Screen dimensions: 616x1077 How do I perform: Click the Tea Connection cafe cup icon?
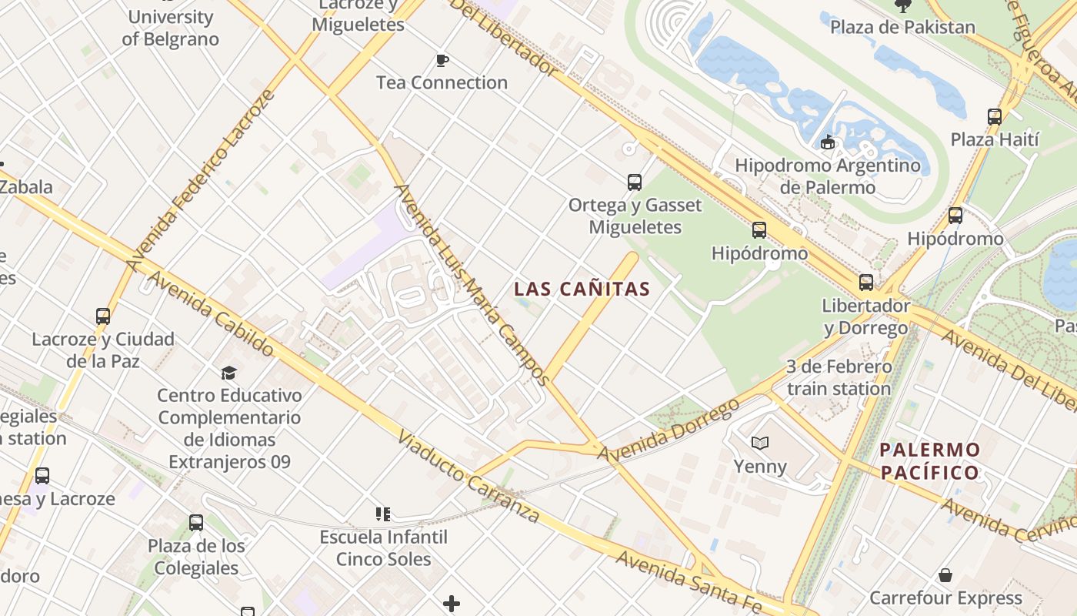pyautogui.click(x=442, y=60)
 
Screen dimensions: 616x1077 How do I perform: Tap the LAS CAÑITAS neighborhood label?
pyautogui.click(x=582, y=290)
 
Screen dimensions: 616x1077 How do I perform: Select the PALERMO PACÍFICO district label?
pyautogui.click(x=930, y=460)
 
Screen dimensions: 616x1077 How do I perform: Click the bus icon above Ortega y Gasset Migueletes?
pyautogui.click(x=635, y=182)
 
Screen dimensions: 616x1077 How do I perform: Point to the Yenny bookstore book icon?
pyautogui.click(x=760, y=444)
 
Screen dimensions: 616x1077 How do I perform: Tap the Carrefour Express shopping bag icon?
pyautogui.click(x=945, y=575)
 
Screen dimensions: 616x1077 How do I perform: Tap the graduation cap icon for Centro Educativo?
pyautogui.click(x=228, y=373)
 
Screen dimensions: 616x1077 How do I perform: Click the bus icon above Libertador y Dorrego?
pyautogui.click(x=866, y=283)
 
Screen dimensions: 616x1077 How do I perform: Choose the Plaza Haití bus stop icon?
pyautogui.click(x=995, y=117)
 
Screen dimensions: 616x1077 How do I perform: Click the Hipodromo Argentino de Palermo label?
pyautogui.click(x=828, y=176)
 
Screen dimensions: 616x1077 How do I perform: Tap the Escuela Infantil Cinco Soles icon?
pyautogui.click(x=383, y=514)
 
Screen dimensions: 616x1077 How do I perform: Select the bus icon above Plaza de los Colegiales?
pyautogui.click(x=196, y=523)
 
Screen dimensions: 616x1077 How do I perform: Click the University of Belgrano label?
pyautogui.click(x=170, y=28)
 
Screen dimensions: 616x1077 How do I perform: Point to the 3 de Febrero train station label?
pyautogui.click(x=839, y=377)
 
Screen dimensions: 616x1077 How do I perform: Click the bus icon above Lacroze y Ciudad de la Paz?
pyautogui.click(x=103, y=316)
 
